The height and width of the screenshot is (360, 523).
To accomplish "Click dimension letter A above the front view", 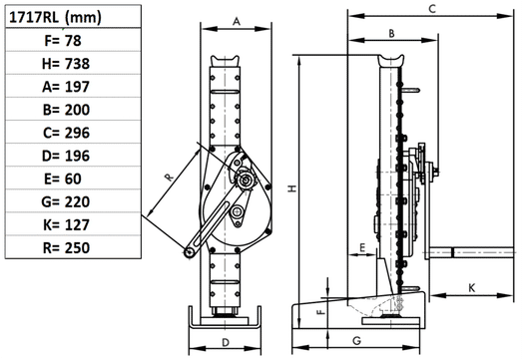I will click(x=236, y=20).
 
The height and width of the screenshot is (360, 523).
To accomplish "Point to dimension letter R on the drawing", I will click(x=169, y=177).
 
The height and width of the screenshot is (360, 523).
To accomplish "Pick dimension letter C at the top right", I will click(x=431, y=8).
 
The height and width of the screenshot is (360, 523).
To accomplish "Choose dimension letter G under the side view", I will click(x=356, y=341).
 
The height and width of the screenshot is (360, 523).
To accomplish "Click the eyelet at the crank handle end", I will click(x=187, y=252).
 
